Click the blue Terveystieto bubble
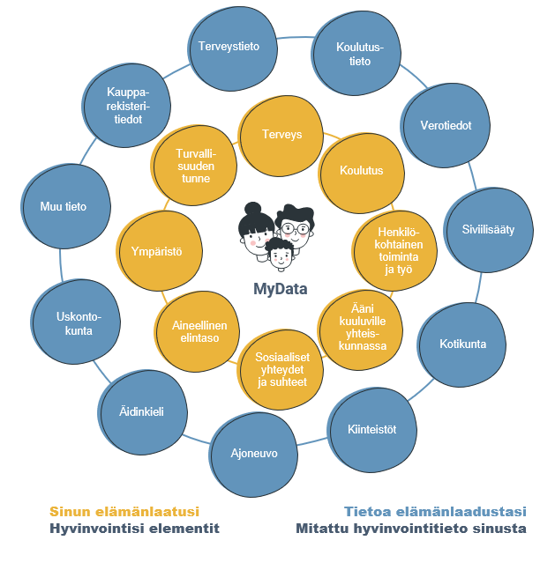coord(229,47)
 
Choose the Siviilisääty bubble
coord(488,229)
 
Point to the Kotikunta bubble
coord(462,344)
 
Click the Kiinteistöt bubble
coord(371,430)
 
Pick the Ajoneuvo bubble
coord(253,454)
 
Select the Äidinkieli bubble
coord(141,411)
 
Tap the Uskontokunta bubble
coord(74,323)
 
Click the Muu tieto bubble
coord(64,207)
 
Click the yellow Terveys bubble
coord(281,135)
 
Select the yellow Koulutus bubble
coord(361,170)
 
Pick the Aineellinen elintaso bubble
coord(199,330)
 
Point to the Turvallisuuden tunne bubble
coord(193,165)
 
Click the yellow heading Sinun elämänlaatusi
coord(124,511)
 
